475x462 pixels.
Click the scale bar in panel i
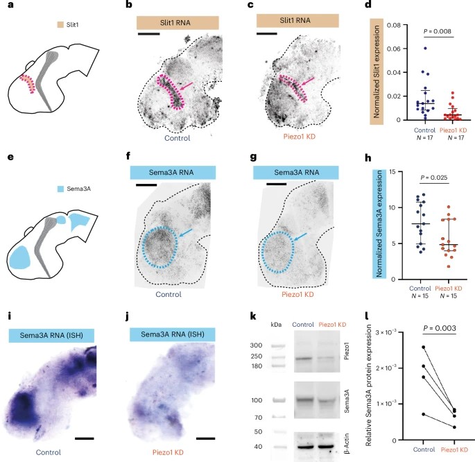click(85, 438)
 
